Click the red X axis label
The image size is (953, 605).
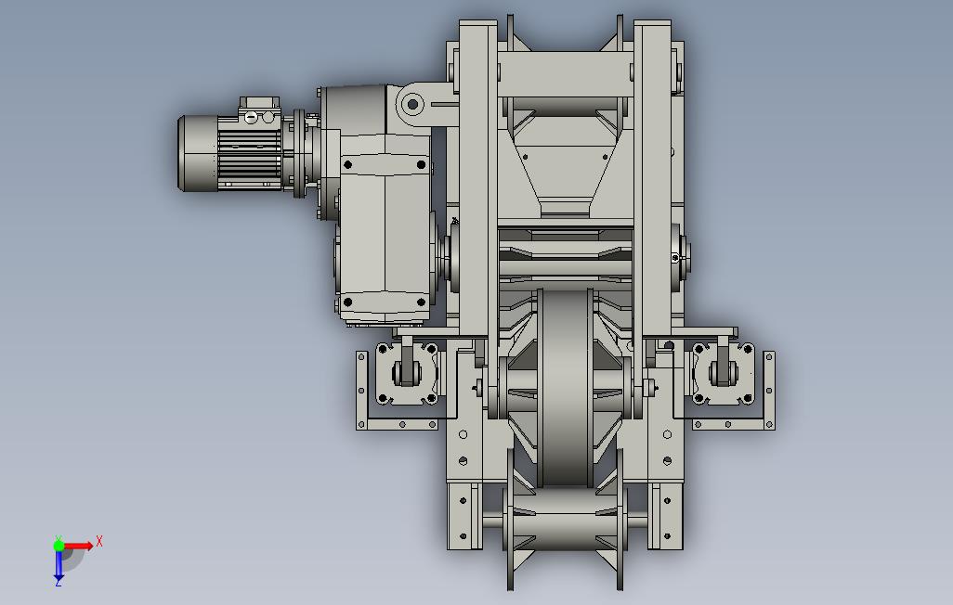[x=99, y=541]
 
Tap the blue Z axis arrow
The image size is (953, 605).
[x=59, y=565]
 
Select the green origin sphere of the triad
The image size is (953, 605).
[x=59, y=546]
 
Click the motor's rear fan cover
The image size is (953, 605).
[x=197, y=154]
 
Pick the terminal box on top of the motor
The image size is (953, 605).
[x=259, y=109]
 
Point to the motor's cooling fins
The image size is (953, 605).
[x=249, y=156]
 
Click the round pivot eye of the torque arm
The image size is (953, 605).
[x=412, y=104]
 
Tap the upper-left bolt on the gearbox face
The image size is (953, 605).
[x=347, y=164]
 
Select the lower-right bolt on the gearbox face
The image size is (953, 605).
[x=421, y=302]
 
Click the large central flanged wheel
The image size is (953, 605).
[x=565, y=388]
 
